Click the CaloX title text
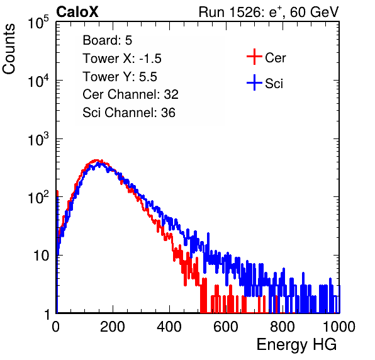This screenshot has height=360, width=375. pyautogui.click(x=77, y=12)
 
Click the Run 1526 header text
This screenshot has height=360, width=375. pyautogui.click(x=269, y=12)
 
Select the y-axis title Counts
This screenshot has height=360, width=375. pyautogui.click(x=9, y=49)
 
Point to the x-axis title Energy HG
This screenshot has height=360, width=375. pyautogui.click(x=296, y=345)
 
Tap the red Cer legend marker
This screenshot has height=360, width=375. pyautogui.click(x=254, y=57)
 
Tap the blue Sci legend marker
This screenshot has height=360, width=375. pyautogui.click(x=254, y=82)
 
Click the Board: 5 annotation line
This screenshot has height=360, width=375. pyautogui.click(x=107, y=40)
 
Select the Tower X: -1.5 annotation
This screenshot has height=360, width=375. pyautogui.click(x=122, y=59)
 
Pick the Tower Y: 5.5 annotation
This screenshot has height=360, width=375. pyautogui.click(x=120, y=77)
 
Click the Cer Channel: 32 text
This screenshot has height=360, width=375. pyautogui.click(x=131, y=94)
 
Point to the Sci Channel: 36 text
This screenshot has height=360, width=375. pyautogui.click(x=129, y=113)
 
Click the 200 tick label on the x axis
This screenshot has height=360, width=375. pyautogui.click(x=113, y=327)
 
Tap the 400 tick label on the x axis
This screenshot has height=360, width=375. pyautogui.click(x=169, y=327)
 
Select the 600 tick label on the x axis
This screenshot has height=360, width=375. pyautogui.click(x=226, y=327)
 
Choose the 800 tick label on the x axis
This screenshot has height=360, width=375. pyautogui.click(x=283, y=327)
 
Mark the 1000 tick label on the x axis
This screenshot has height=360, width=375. pyautogui.click(x=339, y=327)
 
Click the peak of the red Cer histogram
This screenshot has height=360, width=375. pyautogui.click(x=96, y=160)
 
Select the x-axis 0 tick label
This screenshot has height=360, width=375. pyautogui.click(x=56, y=327)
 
